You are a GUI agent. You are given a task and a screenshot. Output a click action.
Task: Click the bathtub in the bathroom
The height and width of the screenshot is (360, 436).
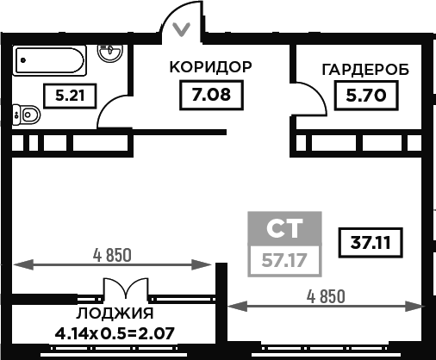(49, 60)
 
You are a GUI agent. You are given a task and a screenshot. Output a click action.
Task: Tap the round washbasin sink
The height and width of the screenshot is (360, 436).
(110, 53)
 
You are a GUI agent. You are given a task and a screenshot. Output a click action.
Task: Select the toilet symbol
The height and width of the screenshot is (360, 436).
(27, 115)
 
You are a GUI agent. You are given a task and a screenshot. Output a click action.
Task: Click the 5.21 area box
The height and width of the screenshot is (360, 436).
(70, 96)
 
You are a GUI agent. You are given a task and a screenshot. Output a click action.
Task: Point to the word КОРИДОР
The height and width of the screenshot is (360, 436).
(210, 67)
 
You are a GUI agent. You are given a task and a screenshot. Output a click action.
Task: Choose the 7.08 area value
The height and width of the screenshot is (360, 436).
(211, 95)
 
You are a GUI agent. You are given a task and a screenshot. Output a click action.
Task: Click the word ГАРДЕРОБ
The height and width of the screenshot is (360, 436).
(365, 70)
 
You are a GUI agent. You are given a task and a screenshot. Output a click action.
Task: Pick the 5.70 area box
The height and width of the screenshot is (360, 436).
(366, 96)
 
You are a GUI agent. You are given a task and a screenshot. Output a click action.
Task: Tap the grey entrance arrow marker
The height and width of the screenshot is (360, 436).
(181, 29)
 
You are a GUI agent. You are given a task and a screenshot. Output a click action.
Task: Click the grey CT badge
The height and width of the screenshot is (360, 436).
(284, 228)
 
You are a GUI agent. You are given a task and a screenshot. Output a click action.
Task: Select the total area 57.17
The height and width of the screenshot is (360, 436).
(284, 261)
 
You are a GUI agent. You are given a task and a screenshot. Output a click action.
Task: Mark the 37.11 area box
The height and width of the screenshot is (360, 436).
(371, 243)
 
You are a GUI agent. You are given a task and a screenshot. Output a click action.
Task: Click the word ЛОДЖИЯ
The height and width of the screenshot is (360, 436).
(115, 313)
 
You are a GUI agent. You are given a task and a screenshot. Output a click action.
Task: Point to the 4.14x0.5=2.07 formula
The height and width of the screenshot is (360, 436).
(115, 333)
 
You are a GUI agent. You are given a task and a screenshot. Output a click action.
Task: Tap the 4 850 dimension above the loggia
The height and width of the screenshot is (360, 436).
(112, 255)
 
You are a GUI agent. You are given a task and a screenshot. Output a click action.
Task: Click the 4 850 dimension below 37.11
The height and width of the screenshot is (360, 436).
(326, 296)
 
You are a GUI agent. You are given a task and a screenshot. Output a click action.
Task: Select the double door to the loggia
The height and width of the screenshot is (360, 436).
(126, 289)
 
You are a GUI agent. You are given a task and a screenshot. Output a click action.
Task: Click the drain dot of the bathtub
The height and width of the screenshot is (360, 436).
(23, 60)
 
